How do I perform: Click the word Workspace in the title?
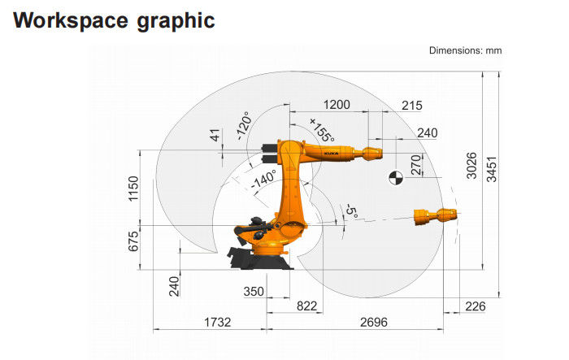tap(71, 20)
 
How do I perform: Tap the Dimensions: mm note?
tap(465, 50)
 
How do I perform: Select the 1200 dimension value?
tap(337, 105)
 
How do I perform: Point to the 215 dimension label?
tap(412, 106)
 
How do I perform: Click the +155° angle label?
tap(322, 130)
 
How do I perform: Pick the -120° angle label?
tap(244, 126)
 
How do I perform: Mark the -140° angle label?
tap(263, 180)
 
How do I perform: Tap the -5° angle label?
tap(351, 210)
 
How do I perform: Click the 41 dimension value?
tap(215, 136)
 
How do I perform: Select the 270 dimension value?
tap(416, 165)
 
